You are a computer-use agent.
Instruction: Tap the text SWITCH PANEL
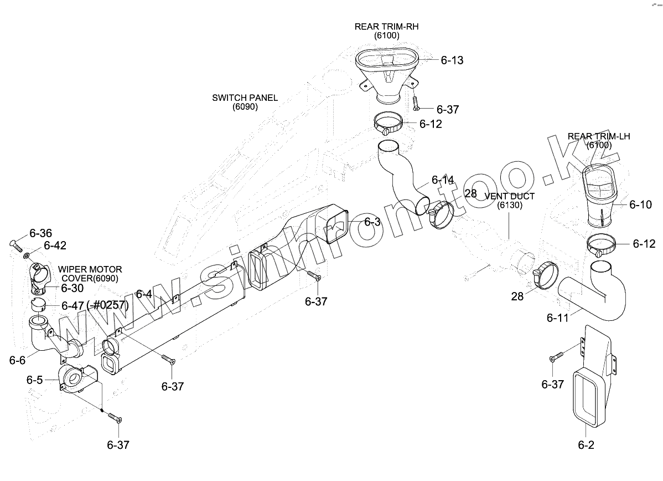pos(245,98)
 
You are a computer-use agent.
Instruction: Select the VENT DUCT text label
pos(510,197)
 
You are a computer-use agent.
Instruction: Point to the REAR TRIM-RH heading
pos(386,27)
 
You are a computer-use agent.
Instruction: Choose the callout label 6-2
pos(586,444)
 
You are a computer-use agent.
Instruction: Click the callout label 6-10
pos(640,205)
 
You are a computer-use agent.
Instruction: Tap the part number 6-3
pos(372,222)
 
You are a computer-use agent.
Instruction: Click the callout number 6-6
pos(17,360)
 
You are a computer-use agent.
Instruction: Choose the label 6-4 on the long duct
pos(144,294)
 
